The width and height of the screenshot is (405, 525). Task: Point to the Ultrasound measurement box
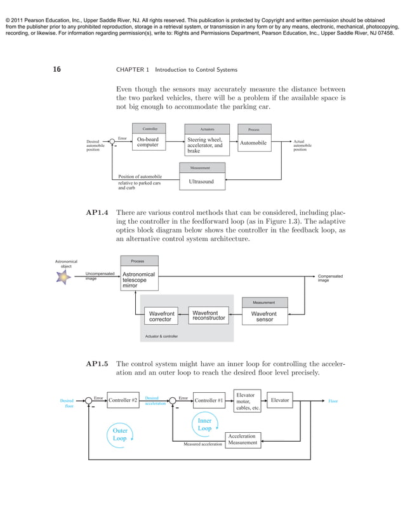pyautogui.click(x=201, y=182)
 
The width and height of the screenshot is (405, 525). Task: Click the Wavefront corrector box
pyautogui.click(x=161, y=317)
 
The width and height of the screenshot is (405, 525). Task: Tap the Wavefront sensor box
pyautogui.click(x=263, y=317)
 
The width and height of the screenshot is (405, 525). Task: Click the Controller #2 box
pyautogui.click(x=123, y=400)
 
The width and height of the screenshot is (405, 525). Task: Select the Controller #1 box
pyautogui.click(x=208, y=400)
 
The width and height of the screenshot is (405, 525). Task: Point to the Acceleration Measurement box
pyautogui.click(x=242, y=440)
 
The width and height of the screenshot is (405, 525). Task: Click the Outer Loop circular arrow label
pyautogui.click(x=120, y=434)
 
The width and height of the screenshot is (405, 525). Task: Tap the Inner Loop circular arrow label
pyautogui.click(x=204, y=425)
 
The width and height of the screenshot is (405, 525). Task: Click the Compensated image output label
pyautogui.click(x=330, y=278)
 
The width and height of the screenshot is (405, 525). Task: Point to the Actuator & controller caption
pyautogui.click(x=162, y=336)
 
